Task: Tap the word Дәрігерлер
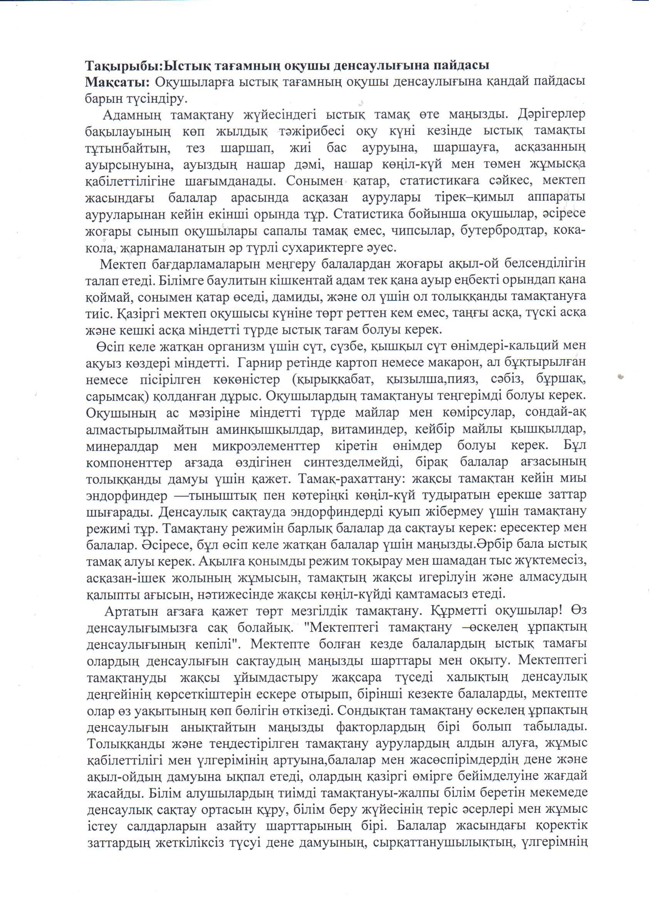click(552, 115)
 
